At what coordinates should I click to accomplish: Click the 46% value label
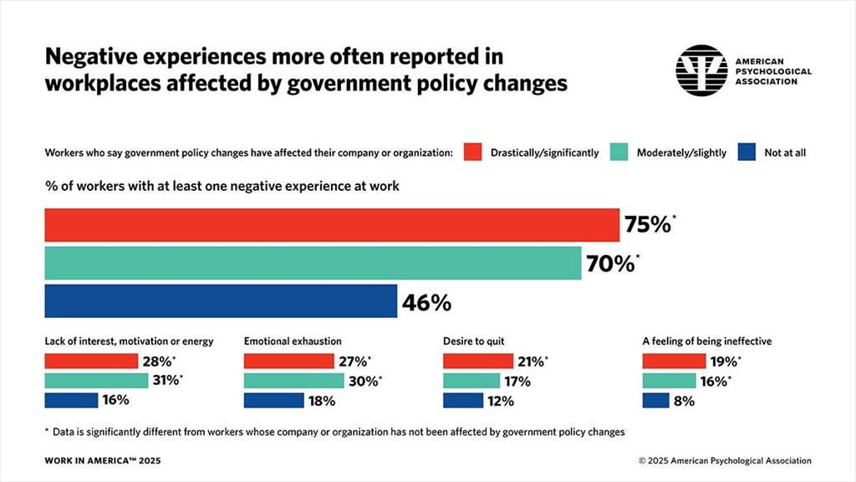(426, 303)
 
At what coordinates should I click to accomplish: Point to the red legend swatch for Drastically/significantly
(473, 152)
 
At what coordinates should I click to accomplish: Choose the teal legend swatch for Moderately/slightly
(619, 152)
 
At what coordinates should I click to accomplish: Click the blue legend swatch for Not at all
(746, 152)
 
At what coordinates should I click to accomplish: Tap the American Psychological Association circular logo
(701, 70)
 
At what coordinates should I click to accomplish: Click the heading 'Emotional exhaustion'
(293, 341)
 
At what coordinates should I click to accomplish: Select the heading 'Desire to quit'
(473, 341)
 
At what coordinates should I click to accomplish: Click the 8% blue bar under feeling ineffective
(655, 400)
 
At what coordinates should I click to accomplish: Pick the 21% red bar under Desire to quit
(477, 361)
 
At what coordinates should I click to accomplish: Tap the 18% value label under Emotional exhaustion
(322, 401)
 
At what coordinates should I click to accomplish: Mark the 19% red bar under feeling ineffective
(674, 361)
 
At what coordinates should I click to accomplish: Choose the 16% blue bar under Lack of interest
(71, 400)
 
